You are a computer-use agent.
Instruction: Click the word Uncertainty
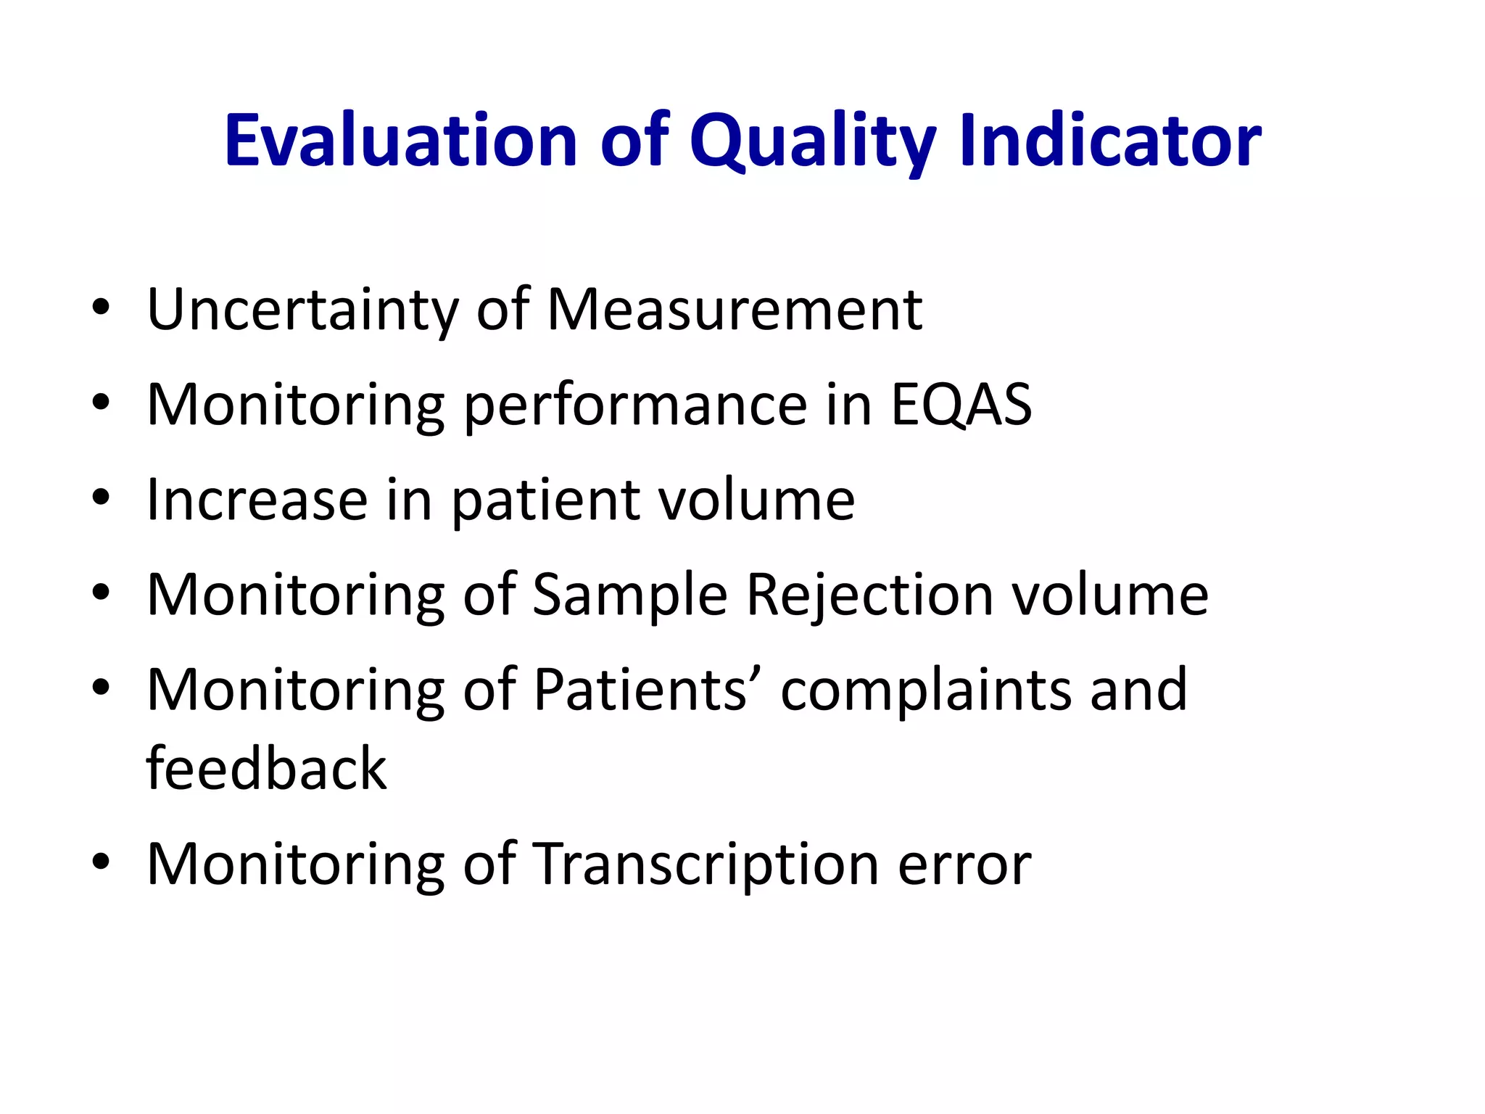point(302,310)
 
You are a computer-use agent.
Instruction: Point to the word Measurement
point(734,310)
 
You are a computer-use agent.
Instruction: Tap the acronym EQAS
point(961,405)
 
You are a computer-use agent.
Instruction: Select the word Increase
point(257,500)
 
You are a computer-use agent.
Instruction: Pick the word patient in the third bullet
point(545,502)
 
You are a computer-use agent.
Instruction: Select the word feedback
point(266,768)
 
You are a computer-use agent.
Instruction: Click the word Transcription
point(706,865)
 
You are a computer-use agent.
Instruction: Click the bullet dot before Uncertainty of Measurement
point(101,307)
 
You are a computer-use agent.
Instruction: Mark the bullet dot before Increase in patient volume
point(101,497)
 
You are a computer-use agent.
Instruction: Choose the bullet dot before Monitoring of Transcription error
point(101,861)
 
